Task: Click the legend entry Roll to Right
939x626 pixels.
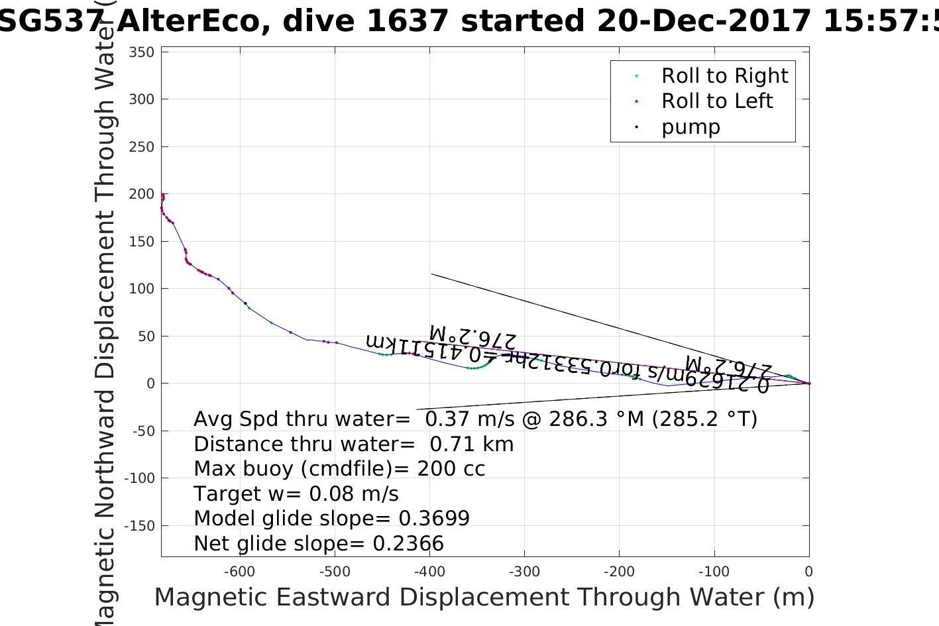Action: [x=724, y=76]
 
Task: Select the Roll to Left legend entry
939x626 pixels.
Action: [x=716, y=101]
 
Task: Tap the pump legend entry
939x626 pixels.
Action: [x=690, y=127]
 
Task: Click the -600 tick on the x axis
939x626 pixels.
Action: [x=239, y=572]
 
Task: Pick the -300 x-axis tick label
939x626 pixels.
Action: [x=524, y=572]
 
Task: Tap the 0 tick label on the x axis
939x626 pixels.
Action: [x=808, y=572]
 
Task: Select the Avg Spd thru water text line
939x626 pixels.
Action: [x=475, y=419]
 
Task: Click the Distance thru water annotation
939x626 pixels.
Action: [x=353, y=444]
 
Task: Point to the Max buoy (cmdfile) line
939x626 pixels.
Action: [x=339, y=469]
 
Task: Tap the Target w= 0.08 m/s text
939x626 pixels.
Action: [x=296, y=494]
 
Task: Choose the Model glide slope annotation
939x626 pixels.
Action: [x=331, y=519]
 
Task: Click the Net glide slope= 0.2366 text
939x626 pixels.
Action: [x=319, y=544]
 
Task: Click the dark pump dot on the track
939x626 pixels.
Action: [x=245, y=303]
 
